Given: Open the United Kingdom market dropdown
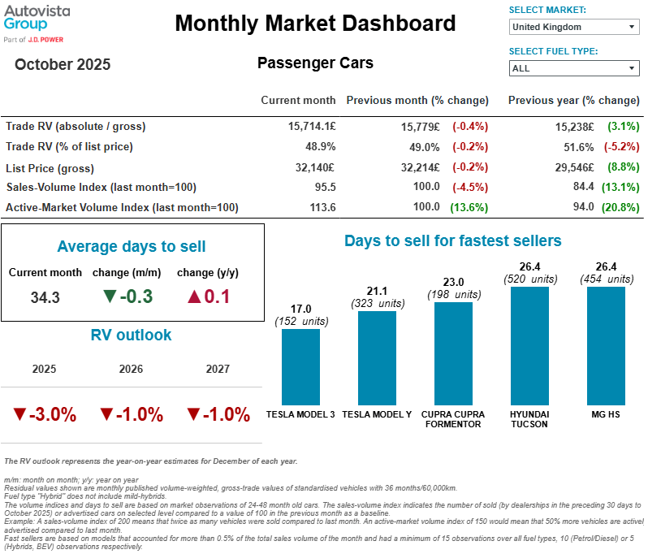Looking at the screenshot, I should pos(573,27).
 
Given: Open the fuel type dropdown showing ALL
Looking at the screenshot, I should pos(573,68).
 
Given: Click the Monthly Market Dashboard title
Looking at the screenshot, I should pos(315,23).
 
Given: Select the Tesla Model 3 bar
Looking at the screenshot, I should pos(300,366).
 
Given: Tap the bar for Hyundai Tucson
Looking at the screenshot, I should pos(529,345).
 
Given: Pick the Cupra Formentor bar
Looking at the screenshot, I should pos(453,353).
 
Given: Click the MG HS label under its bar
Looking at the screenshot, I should pos(606,413).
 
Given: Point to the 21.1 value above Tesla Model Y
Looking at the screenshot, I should pos(377,292).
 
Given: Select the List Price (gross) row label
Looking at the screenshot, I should pos(53,167).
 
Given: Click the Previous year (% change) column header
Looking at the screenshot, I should pos(573,101).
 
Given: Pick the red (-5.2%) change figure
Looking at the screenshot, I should pos(621,147).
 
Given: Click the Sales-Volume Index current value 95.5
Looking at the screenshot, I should pos(324,188).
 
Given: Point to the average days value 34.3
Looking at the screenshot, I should pos(45,297).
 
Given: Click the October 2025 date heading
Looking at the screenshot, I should pos(63,64).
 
